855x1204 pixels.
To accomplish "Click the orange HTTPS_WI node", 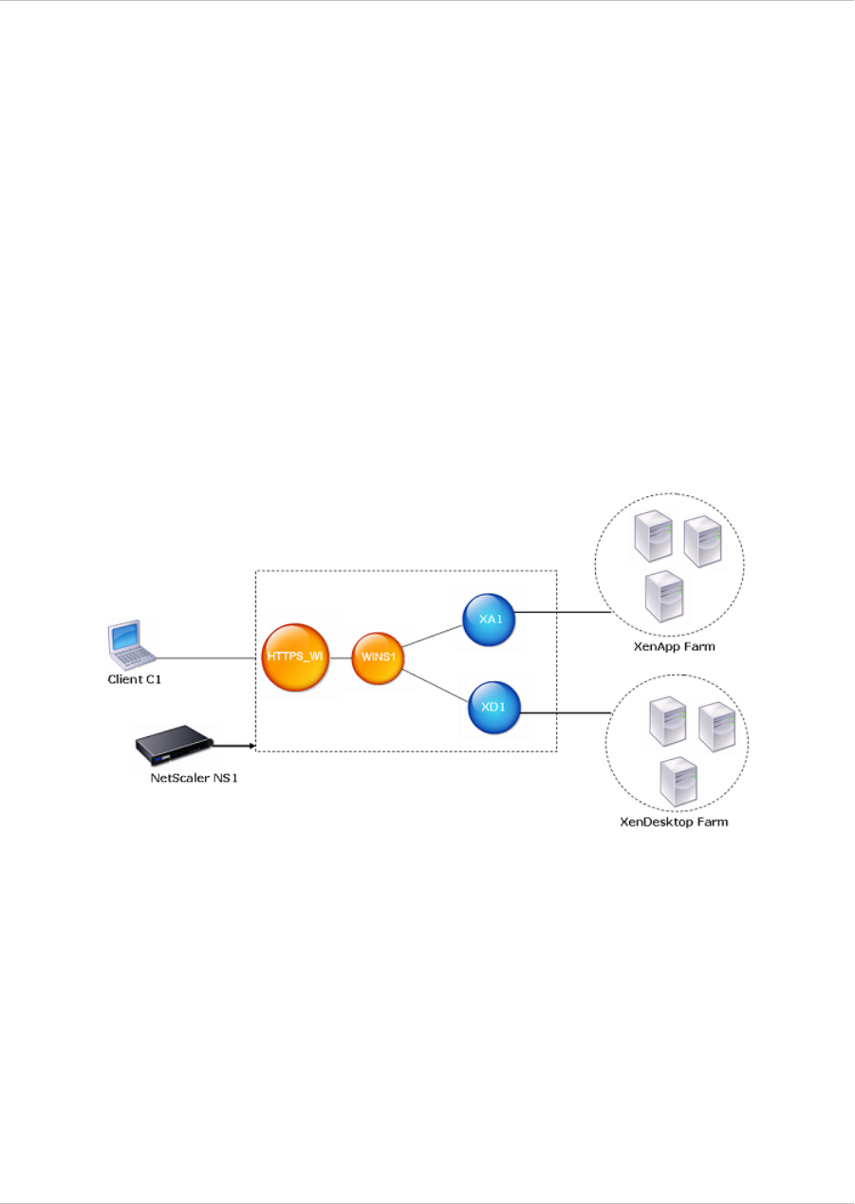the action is click(296, 657).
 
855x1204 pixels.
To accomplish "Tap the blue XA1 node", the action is click(489, 620).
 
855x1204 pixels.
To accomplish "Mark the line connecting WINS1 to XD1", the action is click(437, 685).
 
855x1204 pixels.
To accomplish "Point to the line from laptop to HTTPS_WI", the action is click(209, 657).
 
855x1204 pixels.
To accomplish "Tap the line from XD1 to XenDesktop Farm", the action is click(567, 711).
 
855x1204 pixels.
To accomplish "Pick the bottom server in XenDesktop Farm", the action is click(676, 781).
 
